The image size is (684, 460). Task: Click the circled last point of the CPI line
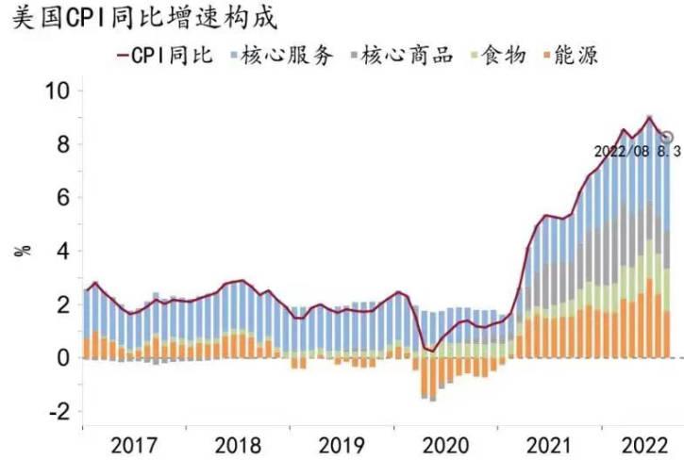[x=668, y=138]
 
